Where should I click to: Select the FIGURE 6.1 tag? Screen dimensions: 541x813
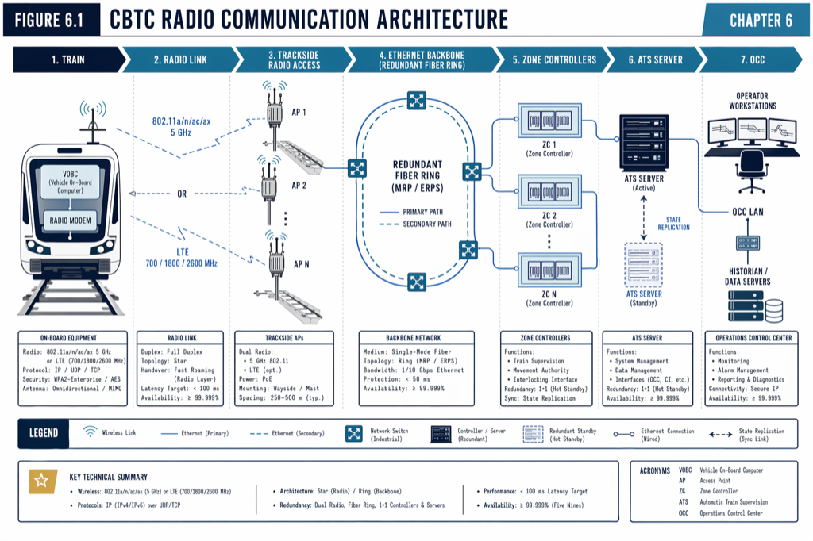pyautogui.click(x=52, y=21)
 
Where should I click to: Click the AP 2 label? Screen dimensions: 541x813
pyautogui.click(x=299, y=186)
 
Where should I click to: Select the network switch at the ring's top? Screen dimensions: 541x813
pyautogui.click(x=417, y=100)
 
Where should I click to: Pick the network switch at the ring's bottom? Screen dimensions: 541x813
pyautogui.click(x=417, y=281)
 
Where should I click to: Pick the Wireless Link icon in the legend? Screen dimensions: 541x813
pyautogui.click(x=91, y=433)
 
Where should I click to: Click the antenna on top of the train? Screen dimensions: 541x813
pyautogui.click(x=93, y=115)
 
